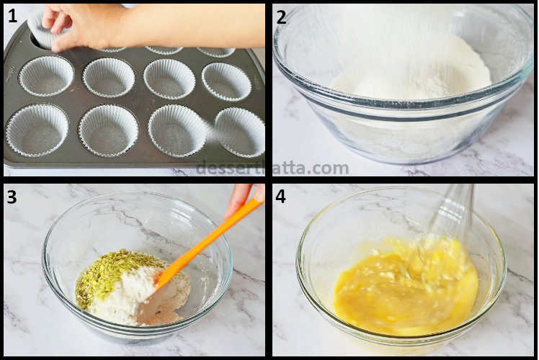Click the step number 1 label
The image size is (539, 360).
pyautogui.click(x=12, y=16)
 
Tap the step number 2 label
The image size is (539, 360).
pyautogui.click(x=281, y=17)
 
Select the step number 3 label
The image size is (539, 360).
pyautogui.click(x=12, y=197)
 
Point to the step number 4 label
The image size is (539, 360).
pyautogui.click(x=281, y=197)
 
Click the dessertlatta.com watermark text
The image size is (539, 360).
pyautogui.click(x=272, y=168)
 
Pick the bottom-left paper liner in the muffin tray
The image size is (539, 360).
pyautogui.click(x=37, y=130)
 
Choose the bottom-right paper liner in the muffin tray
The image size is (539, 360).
pyautogui.click(x=240, y=131)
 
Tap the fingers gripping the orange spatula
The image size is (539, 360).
pyautogui.click(x=241, y=197)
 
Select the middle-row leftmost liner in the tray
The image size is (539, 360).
pyautogui.click(x=46, y=76)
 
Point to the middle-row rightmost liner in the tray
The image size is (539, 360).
pyautogui.click(x=226, y=81)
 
